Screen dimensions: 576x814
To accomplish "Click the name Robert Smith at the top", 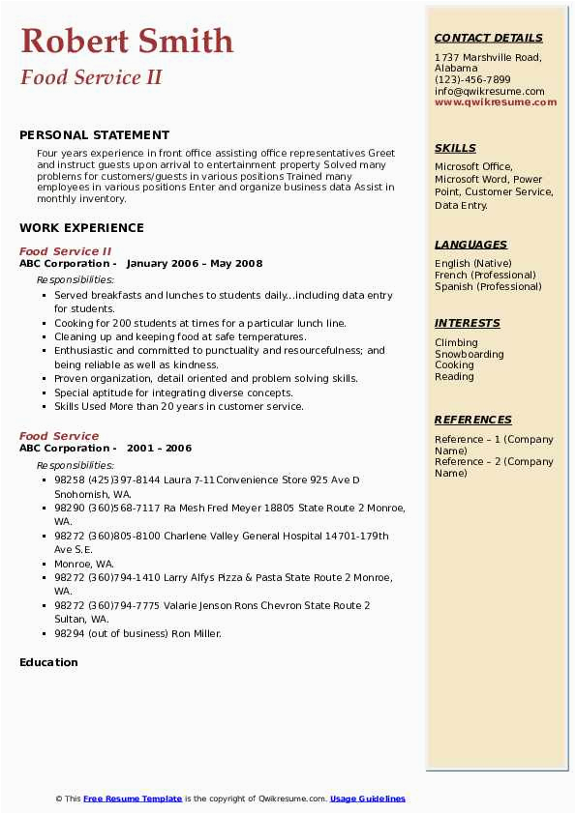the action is tap(127, 42).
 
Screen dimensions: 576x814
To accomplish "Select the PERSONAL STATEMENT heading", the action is tap(94, 135).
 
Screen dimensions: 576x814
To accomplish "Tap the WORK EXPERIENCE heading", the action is tap(81, 228).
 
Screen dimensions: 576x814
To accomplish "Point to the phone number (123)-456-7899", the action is tap(472, 80).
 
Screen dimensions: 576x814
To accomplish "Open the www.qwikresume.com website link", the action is tap(489, 102).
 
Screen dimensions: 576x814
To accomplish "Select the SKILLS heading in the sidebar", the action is tap(455, 149).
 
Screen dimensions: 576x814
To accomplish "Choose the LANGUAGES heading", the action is tap(470, 246).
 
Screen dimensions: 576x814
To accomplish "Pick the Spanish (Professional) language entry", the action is tap(488, 286).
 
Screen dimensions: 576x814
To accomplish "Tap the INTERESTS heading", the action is tap(467, 324).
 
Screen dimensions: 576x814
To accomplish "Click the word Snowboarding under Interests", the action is tap(469, 354).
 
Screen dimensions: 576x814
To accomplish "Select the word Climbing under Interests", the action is tap(456, 342).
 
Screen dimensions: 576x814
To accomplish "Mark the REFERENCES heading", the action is tap(472, 421).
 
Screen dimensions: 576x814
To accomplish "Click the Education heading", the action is tap(48, 662).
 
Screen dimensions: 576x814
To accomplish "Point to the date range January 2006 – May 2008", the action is tap(194, 263).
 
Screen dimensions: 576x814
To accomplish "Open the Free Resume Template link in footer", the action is tap(133, 799).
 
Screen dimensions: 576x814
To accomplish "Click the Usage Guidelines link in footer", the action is tap(367, 799).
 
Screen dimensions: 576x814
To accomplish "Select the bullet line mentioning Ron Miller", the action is tap(137, 633).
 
